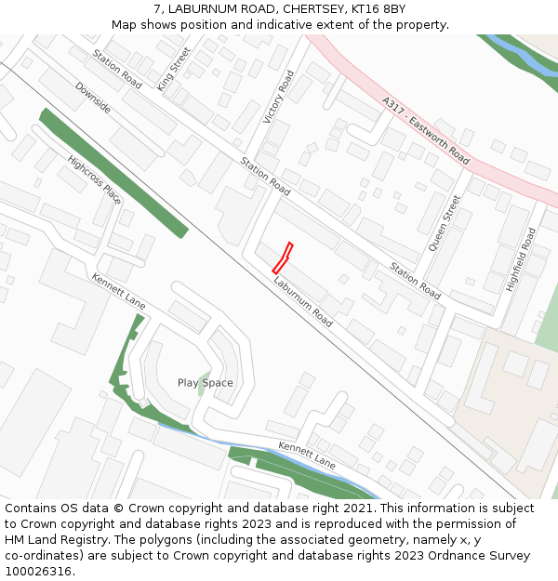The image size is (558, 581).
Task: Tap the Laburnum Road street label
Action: click(303, 300)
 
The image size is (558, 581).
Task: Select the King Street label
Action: click(174, 68)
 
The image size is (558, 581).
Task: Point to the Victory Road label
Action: click(278, 96)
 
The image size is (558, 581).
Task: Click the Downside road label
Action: click(93, 98)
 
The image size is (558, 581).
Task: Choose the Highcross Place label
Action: click(94, 179)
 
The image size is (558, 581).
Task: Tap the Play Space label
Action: click(205, 383)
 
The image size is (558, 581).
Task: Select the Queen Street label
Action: click(445, 223)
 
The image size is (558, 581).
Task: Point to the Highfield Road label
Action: click(521, 260)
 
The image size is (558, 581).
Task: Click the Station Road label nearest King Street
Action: click(117, 70)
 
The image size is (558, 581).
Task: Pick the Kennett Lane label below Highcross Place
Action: click(118, 291)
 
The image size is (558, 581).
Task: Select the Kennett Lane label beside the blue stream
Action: click(307, 456)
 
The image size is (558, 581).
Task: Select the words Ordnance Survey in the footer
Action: click(473, 556)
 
